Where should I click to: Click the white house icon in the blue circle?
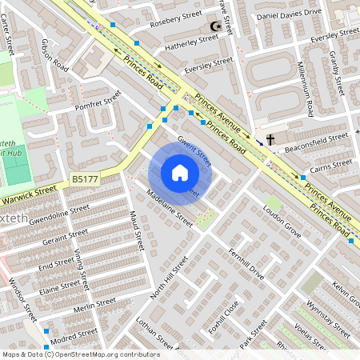(x=180, y=173)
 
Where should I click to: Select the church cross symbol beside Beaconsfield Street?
(x=270, y=140)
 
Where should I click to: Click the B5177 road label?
(x=84, y=181)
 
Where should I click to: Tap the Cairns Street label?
(x=331, y=165)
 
